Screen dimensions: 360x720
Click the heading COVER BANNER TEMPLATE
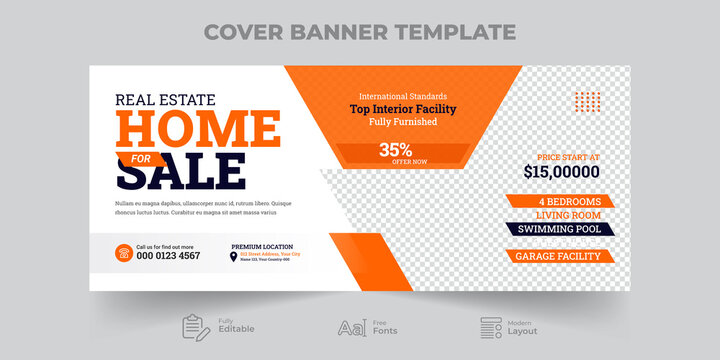point(360,31)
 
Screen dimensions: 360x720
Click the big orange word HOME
point(198,130)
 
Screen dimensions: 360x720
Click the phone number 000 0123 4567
point(168,256)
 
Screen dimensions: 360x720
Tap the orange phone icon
point(124,253)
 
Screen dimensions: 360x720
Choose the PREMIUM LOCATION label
point(263,246)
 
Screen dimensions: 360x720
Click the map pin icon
point(234,257)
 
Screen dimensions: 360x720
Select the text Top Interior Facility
point(402,109)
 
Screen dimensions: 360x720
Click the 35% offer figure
point(394,149)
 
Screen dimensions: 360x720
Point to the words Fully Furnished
point(402,122)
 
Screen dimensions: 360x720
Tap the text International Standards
point(402,96)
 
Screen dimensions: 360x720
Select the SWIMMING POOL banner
point(560,229)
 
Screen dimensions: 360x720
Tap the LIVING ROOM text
point(560,215)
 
